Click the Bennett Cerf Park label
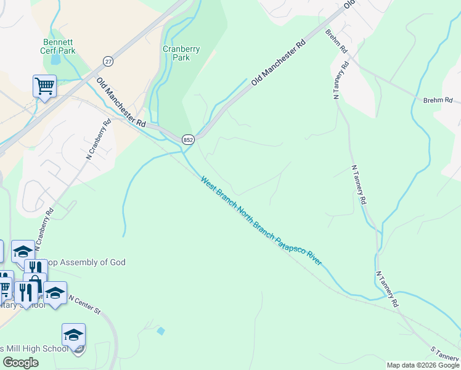[59, 46]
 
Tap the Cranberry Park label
[176, 53]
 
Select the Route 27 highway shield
[108, 61]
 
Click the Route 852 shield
[189, 140]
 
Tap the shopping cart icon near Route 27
[44, 86]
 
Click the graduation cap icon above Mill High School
[73, 335]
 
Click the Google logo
[20, 363]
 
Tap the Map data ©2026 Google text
[422, 365]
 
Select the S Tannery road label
[444, 354]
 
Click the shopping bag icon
[35, 283]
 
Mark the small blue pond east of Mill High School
[161, 331]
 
